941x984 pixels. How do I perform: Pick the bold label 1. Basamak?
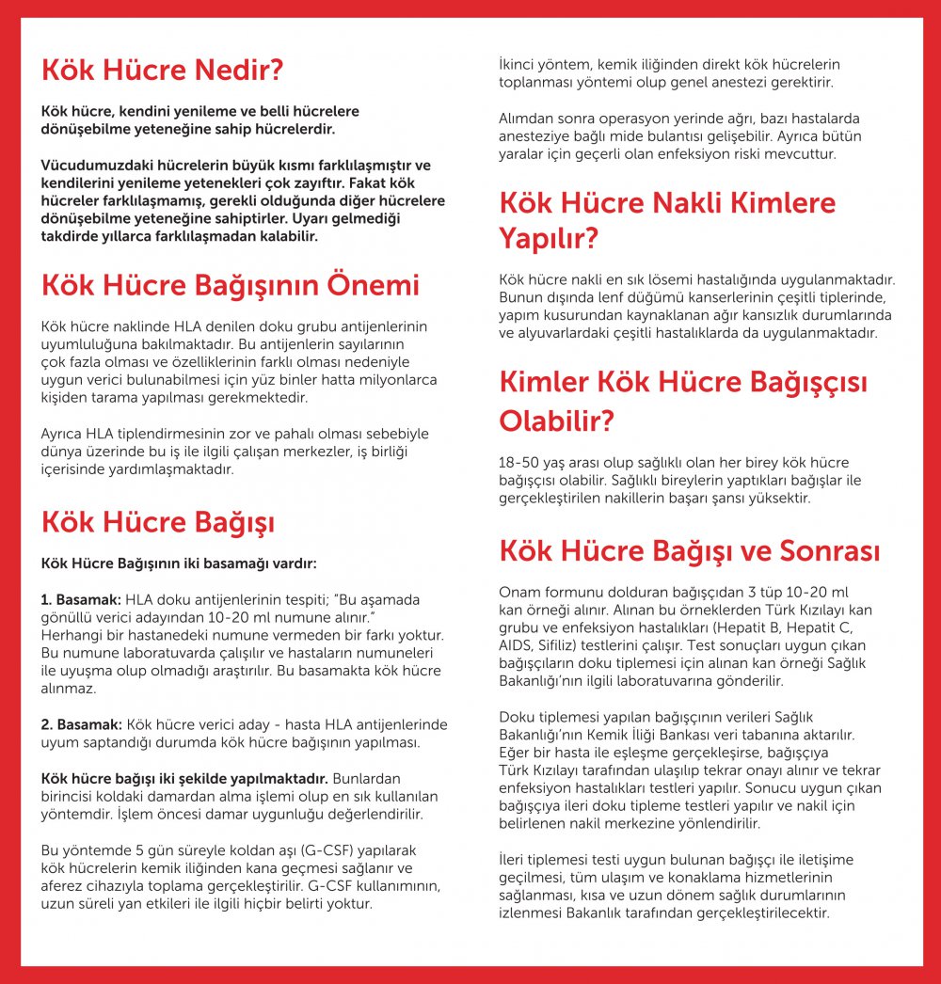point(81,599)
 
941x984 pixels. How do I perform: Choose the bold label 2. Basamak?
point(81,724)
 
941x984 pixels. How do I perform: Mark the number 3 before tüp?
point(755,591)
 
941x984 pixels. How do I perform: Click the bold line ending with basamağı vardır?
point(179,563)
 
